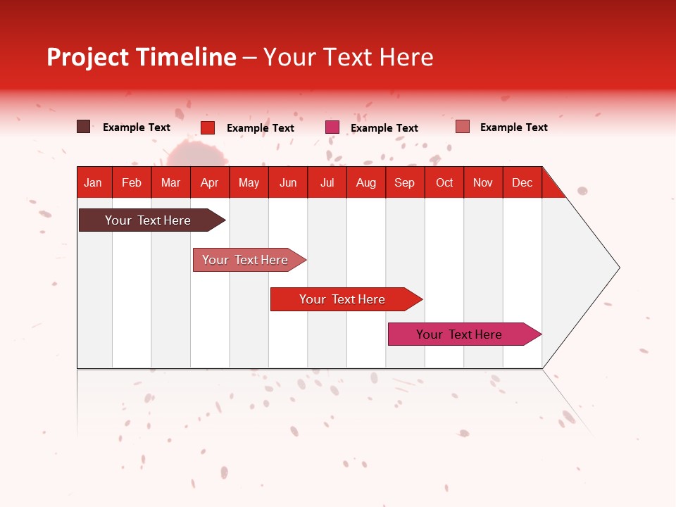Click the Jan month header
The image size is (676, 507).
click(93, 182)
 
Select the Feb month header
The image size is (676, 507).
click(132, 182)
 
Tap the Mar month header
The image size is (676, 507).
click(170, 182)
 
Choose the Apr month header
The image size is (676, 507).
click(209, 182)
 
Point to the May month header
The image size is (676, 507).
click(249, 182)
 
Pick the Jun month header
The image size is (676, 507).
click(288, 182)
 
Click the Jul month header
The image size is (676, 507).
click(327, 182)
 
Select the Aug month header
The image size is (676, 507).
click(365, 182)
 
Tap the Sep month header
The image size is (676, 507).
click(404, 182)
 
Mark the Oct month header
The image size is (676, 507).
click(444, 182)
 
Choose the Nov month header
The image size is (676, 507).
click(483, 182)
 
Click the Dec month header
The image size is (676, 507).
click(522, 182)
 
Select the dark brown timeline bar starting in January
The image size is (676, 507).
click(148, 220)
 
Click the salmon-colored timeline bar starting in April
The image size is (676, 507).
click(245, 260)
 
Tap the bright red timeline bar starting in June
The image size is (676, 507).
click(342, 299)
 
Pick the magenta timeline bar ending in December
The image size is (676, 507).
click(459, 334)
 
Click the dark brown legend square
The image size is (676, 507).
click(83, 127)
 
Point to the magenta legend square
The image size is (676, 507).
click(332, 127)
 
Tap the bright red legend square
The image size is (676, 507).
click(208, 127)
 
